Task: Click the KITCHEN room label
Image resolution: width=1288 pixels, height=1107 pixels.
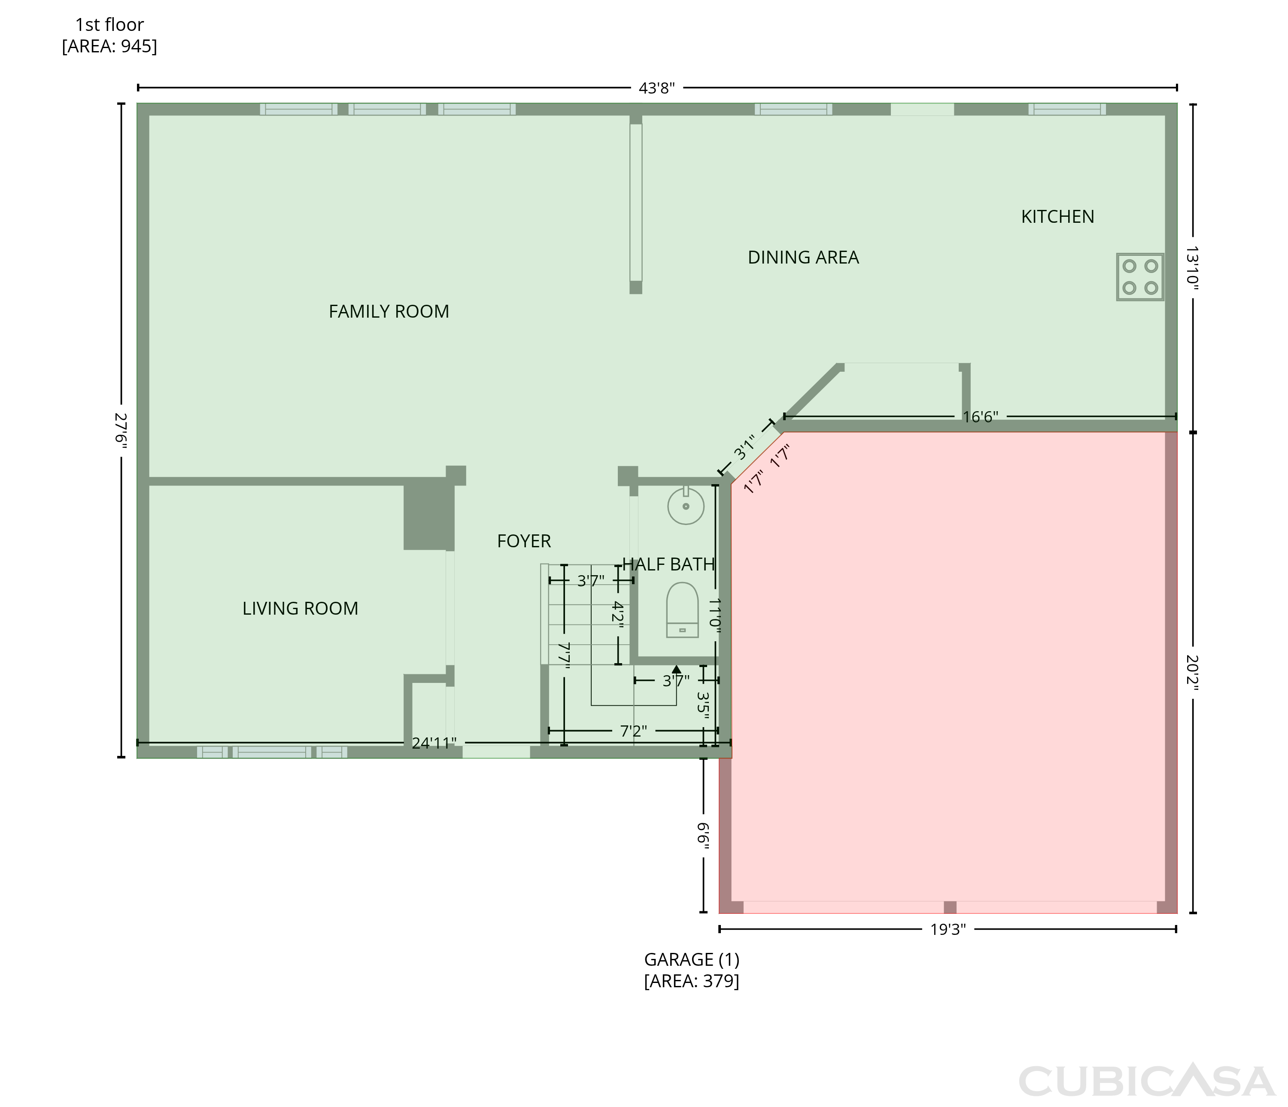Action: coord(1057,217)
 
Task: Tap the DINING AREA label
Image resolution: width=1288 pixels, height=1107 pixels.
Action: coord(803,257)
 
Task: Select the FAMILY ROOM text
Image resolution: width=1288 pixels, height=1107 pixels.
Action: coord(389,311)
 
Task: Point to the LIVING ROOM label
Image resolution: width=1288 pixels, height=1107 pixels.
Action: coord(300,609)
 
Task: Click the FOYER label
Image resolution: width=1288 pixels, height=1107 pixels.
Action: coord(524,541)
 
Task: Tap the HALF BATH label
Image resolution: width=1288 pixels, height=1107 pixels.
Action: coord(668,564)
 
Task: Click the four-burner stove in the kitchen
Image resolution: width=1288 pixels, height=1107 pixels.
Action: coord(1140,277)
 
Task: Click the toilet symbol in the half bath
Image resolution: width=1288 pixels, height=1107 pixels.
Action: coord(682,610)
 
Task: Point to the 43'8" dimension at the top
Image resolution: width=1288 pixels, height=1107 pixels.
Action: coord(657,88)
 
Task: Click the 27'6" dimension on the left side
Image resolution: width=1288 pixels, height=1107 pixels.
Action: coord(121,430)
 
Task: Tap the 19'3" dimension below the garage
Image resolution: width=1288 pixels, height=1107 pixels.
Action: coord(948,930)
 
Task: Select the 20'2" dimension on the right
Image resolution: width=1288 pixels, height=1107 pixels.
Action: coord(1192,673)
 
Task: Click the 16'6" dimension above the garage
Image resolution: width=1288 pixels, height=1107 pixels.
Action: coord(980,416)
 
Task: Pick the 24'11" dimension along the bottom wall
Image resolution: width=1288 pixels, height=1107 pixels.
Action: coord(434,743)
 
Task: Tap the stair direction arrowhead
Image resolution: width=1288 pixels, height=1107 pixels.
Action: coord(676,670)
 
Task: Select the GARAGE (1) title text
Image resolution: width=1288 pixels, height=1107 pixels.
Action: coord(692,960)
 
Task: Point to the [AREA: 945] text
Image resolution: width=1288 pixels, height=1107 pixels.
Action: coord(109,47)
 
